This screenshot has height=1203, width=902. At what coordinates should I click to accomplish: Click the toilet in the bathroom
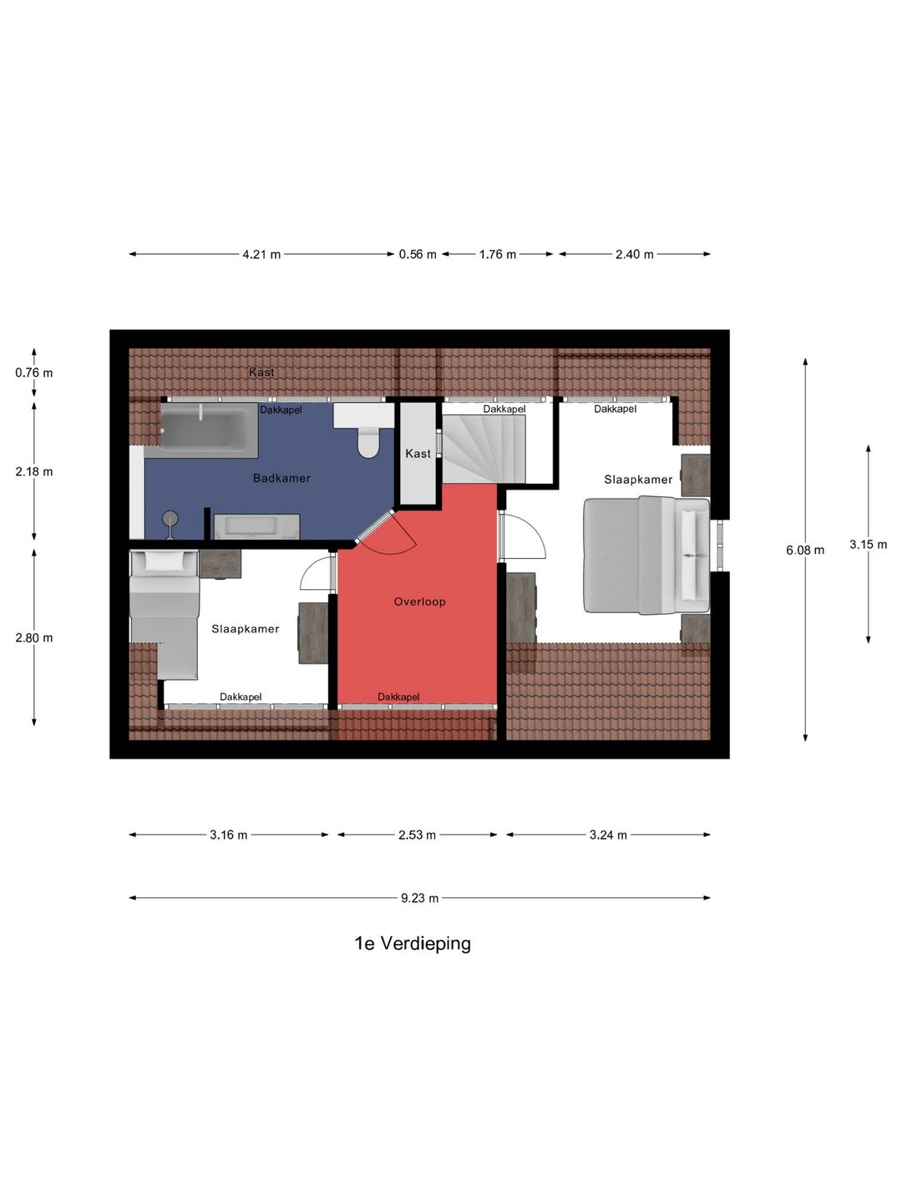tap(368, 440)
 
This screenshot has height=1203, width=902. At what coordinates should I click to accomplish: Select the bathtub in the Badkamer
tap(209, 429)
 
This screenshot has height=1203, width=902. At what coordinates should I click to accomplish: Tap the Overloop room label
tap(419, 601)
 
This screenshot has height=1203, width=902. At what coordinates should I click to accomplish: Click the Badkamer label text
tap(281, 478)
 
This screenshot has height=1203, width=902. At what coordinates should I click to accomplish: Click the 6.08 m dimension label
tap(805, 550)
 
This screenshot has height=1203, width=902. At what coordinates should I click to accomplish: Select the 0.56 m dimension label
tap(418, 254)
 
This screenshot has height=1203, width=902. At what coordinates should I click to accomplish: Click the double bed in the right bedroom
tap(646, 555)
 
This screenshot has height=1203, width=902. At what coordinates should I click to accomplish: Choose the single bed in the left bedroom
tap(165, 615)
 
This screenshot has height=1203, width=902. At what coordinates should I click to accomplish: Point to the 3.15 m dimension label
tap(868, 544)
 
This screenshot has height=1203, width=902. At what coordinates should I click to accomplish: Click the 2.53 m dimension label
tap(417, 835)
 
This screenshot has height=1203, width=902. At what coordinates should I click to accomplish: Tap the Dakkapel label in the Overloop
tap(398, 697)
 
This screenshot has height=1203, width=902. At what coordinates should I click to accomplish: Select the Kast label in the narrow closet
tap(418, 454)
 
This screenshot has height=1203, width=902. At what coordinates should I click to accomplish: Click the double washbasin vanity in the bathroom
tap(256, 526)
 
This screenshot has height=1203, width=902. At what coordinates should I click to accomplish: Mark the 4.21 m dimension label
tap(261, 254)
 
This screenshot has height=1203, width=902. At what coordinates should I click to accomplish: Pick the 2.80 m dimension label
tap(34, 637)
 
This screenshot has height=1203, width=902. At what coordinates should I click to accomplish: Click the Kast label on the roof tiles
tap(261, 372)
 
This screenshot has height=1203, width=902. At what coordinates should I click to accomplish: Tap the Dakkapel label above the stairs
tap(504, 409)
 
